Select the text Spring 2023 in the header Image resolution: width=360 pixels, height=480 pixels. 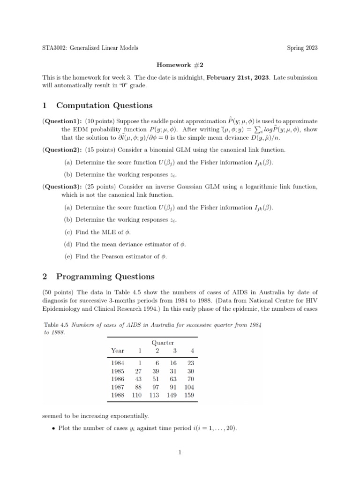302,48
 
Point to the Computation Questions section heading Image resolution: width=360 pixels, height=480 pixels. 104,105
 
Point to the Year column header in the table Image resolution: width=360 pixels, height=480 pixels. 118,351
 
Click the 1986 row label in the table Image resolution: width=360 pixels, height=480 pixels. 118,379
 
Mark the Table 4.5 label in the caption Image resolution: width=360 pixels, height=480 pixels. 57,324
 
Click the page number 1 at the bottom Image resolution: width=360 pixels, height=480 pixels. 180,452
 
